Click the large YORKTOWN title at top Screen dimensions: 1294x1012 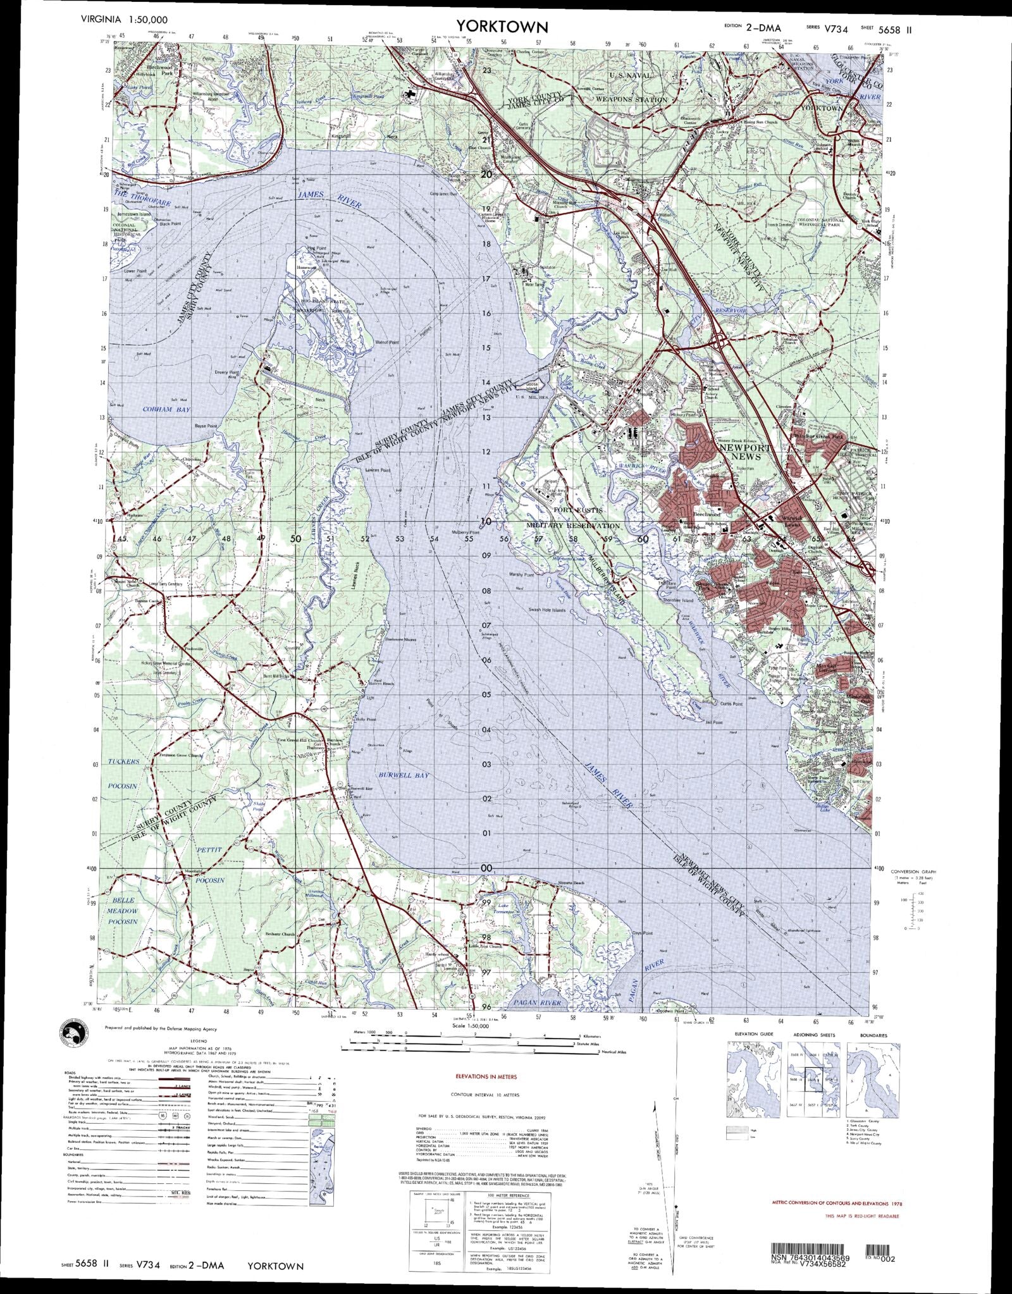coord(503,27)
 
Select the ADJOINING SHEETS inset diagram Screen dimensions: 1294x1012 coord(814,1075)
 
